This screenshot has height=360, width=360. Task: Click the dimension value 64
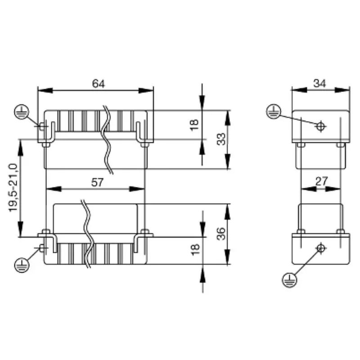point(98,84)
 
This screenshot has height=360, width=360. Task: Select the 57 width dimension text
point(97,182)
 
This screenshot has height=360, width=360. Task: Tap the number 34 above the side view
point(319,83)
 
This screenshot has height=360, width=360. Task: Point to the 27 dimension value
point(321,181)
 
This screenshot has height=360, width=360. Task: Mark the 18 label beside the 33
point(194,125)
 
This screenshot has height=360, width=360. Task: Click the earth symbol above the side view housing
point(274,111)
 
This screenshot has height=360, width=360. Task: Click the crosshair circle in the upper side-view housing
point(320,126)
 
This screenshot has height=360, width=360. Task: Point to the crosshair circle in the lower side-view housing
point(320,248)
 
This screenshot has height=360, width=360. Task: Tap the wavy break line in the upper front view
point(108,139)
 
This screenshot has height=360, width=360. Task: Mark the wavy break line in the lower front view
point(87,234)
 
